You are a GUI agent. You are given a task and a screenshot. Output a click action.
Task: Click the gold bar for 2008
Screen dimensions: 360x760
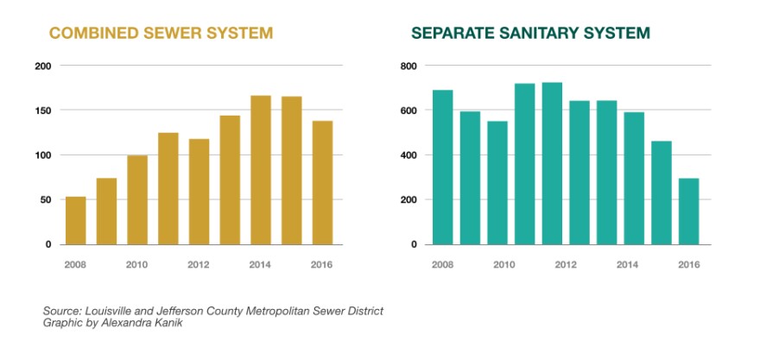click(76, 220)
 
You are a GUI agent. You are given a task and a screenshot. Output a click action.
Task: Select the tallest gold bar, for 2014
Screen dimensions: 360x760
click(260, 170)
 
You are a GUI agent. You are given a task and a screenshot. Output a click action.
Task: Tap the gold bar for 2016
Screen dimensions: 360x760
click(322, 182)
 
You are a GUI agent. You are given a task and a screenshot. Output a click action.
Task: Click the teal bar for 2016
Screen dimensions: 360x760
click(688, 212)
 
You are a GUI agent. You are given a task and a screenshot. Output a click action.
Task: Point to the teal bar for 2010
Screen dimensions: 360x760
click(497, 182)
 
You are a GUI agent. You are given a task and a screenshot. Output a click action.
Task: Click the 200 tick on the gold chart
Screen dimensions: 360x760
click(43, 66)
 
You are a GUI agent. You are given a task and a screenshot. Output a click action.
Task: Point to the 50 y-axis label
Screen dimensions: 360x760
click(46, 200)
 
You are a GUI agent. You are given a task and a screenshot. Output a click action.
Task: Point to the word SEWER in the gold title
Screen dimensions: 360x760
click(169, 34)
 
